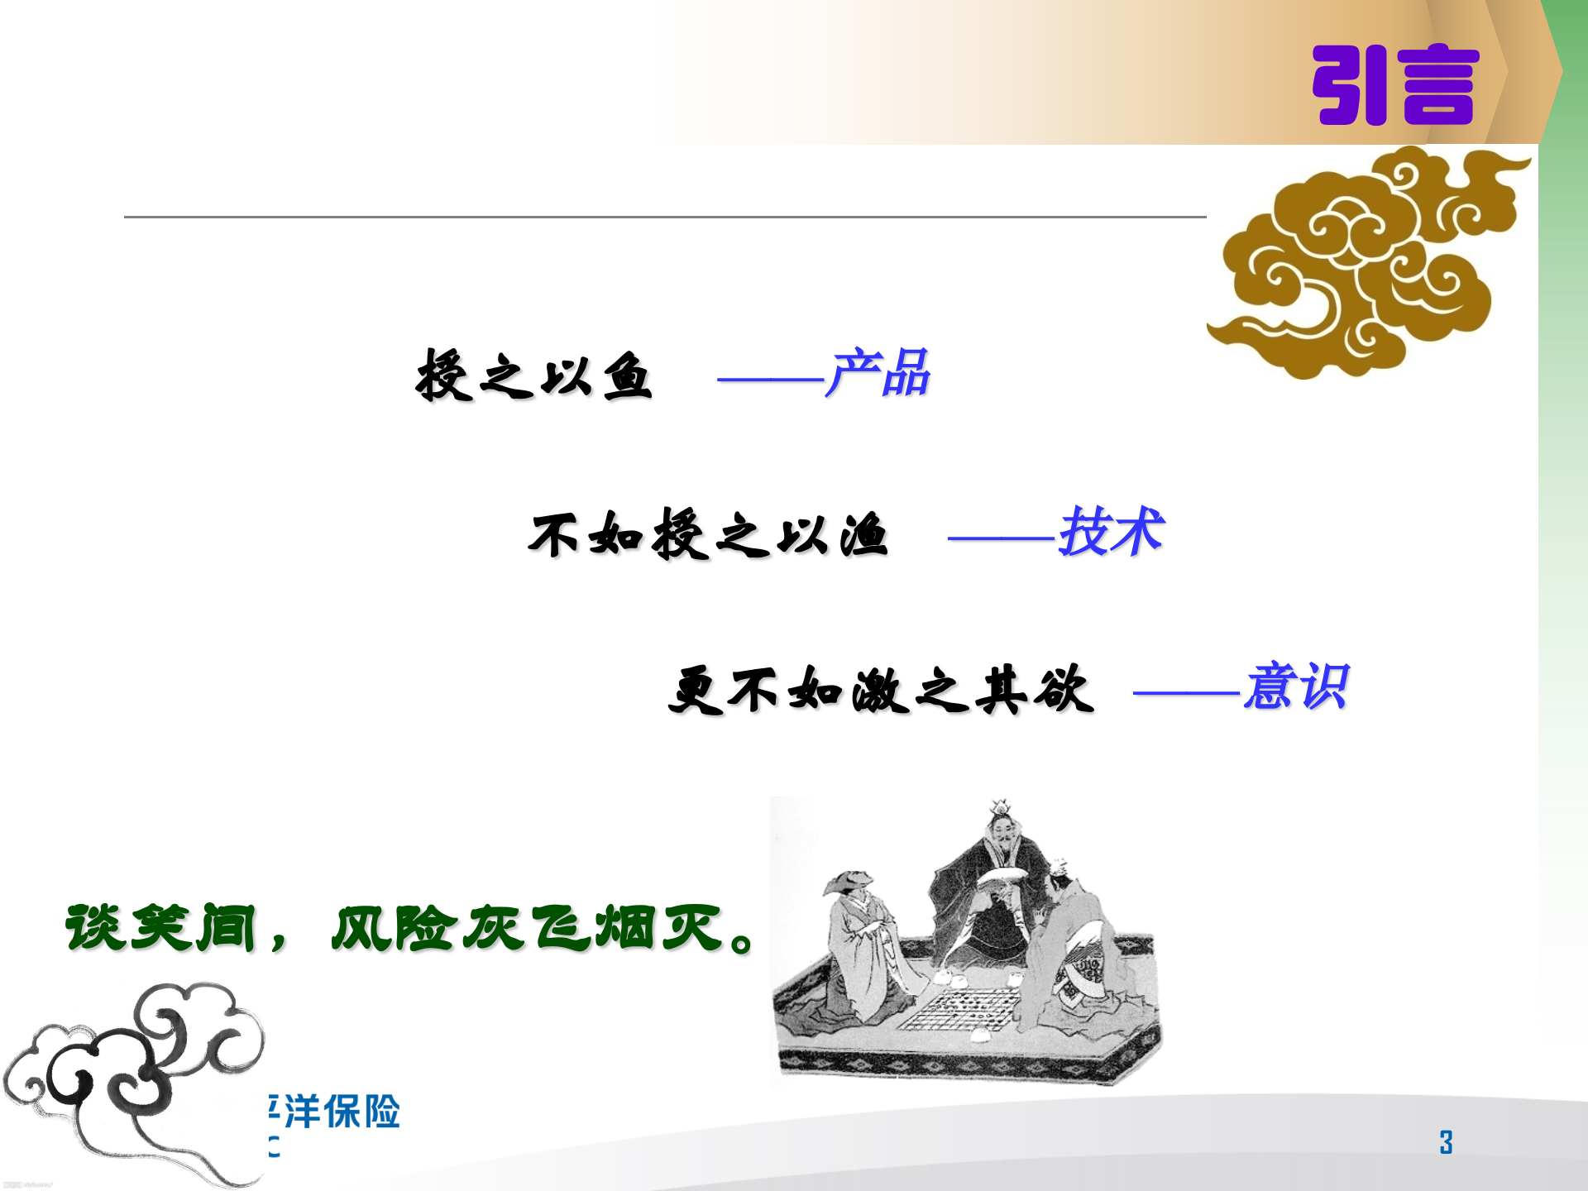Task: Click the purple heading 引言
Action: click(1394, 85)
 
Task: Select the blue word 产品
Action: click(878, 373)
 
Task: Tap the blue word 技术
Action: click(1111, 531)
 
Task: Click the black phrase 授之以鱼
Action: click(534, 375)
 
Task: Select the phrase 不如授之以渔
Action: click(708, 534)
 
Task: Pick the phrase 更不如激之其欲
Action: click(880, 689)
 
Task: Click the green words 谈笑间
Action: click(161, 927)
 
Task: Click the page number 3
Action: click(1446, 1142)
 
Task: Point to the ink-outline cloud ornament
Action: click(136, 1075)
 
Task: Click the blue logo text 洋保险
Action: click(342, 1112)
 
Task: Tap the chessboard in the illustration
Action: click(959, 1011)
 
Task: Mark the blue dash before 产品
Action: click(770, 380)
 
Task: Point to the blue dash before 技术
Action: click(1002, 538)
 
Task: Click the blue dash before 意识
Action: click(1187, 692)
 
